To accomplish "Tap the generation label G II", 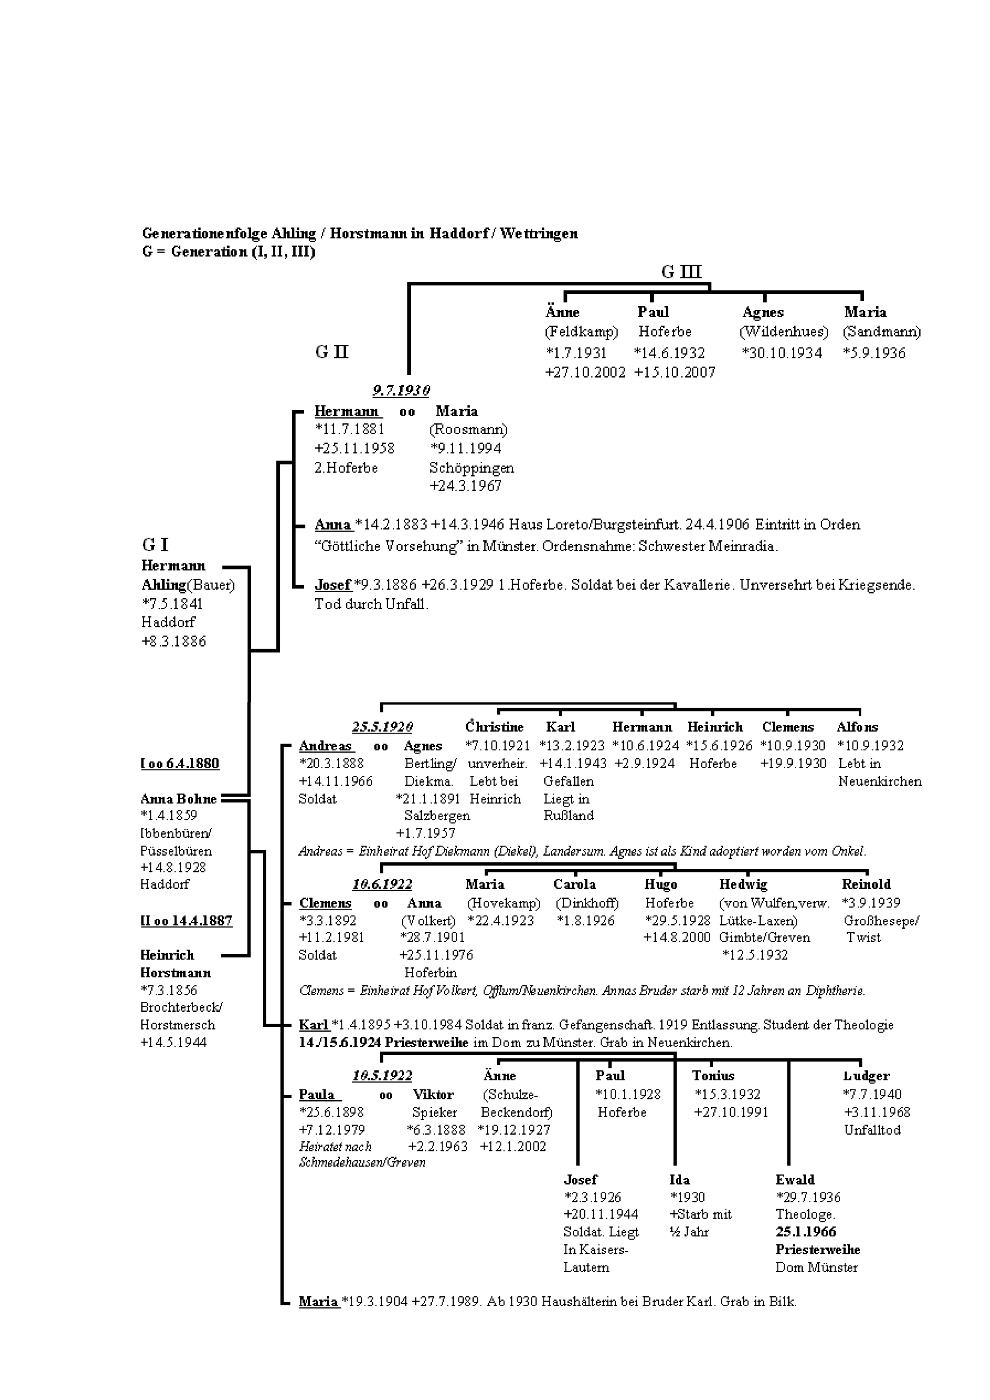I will click(332, 352).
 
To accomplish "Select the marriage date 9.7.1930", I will click(401, 390).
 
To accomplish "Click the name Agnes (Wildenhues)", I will click(762, 312).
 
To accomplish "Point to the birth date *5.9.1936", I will click(874, 353).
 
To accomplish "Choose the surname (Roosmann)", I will click(468, 429).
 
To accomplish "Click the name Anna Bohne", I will click(178, 799).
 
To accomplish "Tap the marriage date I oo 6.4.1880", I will click(180, 763).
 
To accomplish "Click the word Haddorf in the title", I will click(456, 233).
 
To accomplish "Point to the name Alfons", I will click(857, 727).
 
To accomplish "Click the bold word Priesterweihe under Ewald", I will click(817, 1250).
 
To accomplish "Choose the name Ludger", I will click(866, 1076).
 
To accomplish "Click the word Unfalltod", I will click(872, 1129).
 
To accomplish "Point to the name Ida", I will click(680, 1179).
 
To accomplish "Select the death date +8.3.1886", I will click(174, 641).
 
